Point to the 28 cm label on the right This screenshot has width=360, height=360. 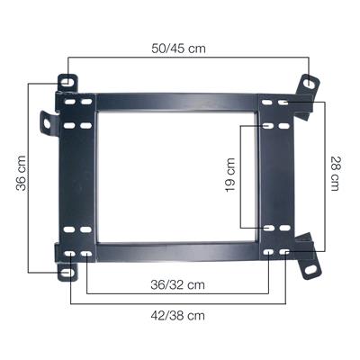coord(336,175)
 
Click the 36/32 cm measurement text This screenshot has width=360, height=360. coord(176,284)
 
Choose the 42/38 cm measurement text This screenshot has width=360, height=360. coord(176,315)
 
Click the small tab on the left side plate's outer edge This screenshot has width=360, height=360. coord(48,123)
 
